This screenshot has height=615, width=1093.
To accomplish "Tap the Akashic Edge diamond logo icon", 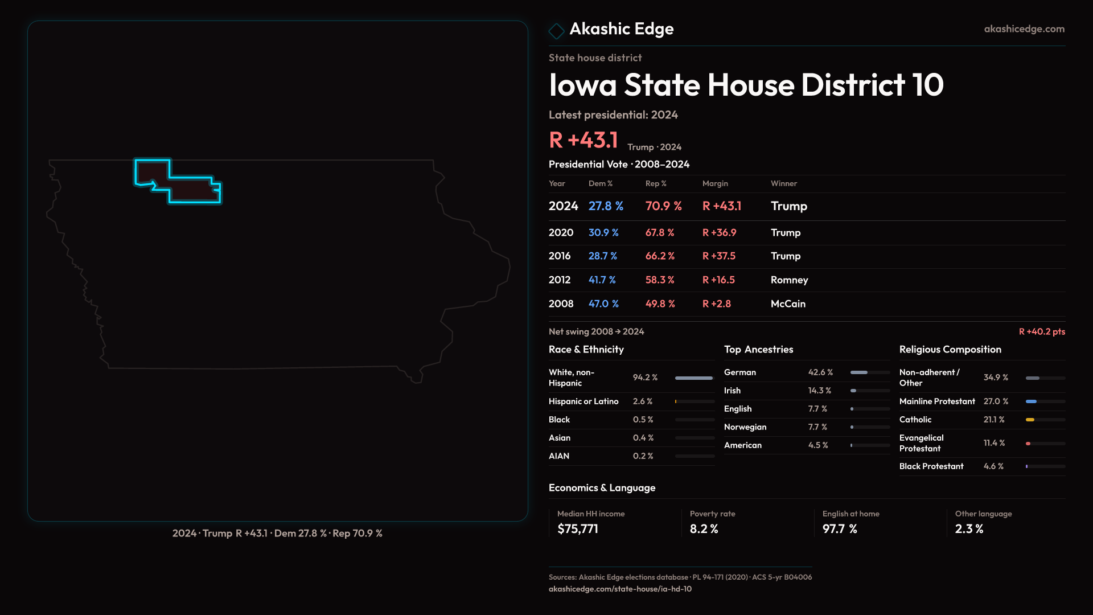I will tap(556, 30).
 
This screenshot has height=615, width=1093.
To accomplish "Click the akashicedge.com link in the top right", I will tap(1024, 28).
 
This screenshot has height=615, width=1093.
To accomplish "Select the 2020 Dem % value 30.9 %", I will tap(603, 232).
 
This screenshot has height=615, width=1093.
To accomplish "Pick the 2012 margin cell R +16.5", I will tap(718, 280).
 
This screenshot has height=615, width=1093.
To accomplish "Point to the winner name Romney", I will tap(789, 280).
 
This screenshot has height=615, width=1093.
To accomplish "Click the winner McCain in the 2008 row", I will tap(788, 304).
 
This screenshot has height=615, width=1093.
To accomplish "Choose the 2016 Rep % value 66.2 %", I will tap(660, 256).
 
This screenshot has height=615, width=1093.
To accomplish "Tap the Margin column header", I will tap(715, 183).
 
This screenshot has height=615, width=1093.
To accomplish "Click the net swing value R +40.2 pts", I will tap(1042, 331).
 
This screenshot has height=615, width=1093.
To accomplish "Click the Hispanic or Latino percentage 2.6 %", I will tap(643, 401).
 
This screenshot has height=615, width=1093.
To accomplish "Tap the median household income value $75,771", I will tap(578, 528).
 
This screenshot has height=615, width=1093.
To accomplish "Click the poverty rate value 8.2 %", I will tap(704, 528).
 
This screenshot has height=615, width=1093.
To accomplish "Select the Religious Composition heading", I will tap(950, 349).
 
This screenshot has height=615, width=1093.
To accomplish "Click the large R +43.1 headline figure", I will tap(584, 140).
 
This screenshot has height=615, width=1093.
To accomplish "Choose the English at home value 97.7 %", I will tap(840, 528).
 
